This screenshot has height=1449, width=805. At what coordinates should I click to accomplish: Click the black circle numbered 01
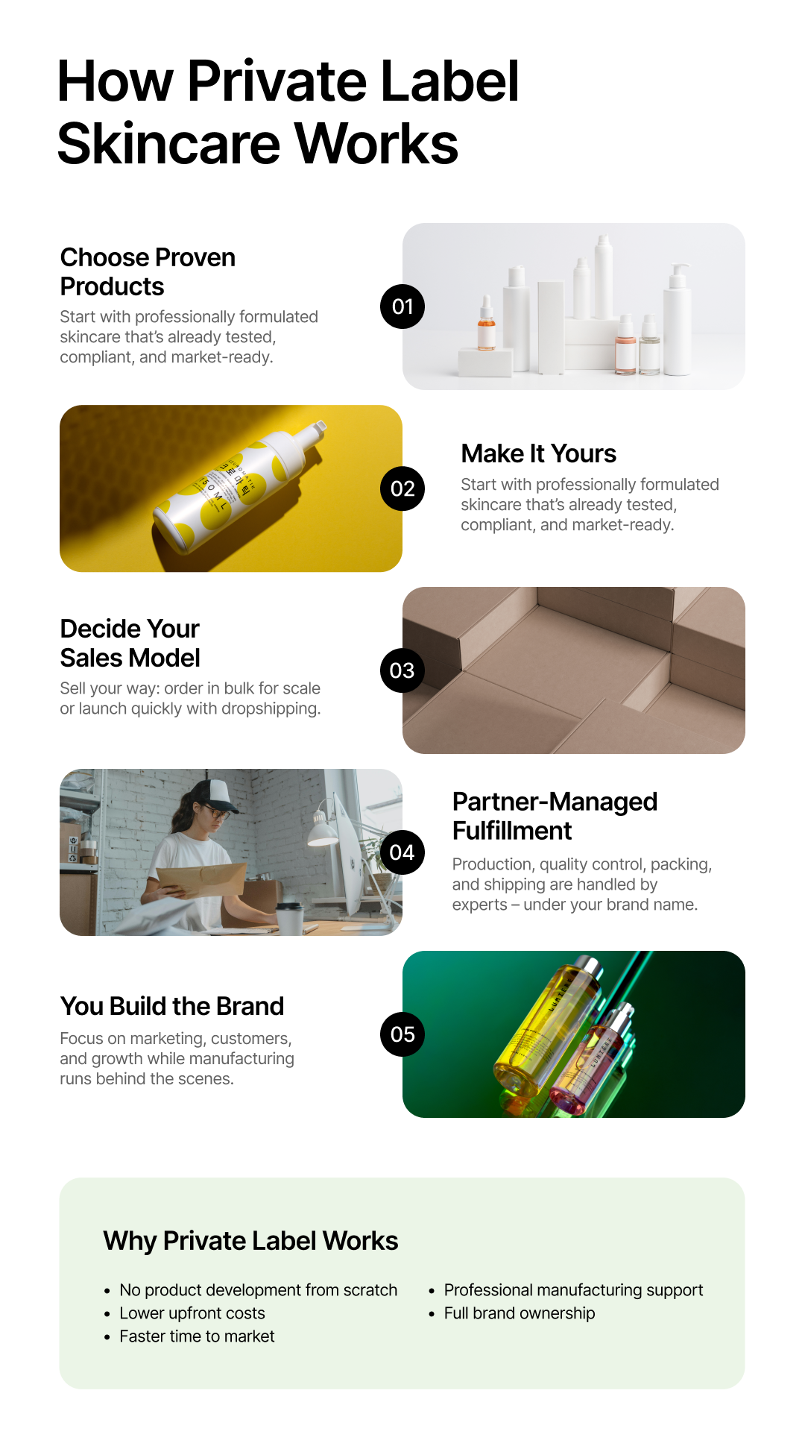402,307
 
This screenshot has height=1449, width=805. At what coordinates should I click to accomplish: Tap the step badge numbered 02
402,488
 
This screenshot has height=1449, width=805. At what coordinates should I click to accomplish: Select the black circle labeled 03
402,670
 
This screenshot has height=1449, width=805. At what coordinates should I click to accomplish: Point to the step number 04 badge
402,852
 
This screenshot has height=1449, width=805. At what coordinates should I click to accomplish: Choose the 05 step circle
402,1034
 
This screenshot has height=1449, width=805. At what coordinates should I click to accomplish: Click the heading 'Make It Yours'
538,453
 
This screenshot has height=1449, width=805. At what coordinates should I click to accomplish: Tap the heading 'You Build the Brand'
172,1006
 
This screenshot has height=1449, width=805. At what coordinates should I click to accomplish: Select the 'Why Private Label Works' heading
250,1241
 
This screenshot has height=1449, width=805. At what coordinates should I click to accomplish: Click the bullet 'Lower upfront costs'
192,1313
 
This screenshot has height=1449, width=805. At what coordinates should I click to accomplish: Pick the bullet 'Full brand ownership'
520,1313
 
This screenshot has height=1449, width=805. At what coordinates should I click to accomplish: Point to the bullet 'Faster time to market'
197,1336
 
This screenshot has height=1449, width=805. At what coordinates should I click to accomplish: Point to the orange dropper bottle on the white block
487,326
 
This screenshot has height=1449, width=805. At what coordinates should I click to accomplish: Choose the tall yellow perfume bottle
548,1022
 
